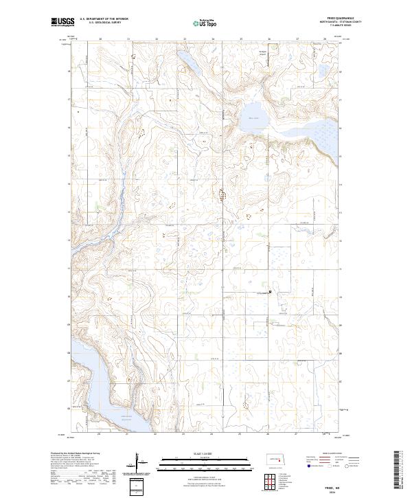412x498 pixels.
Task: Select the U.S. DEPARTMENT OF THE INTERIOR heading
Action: (104, 19)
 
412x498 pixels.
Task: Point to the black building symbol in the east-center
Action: (270, 291)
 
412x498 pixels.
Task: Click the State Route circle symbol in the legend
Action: (356, 465)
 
